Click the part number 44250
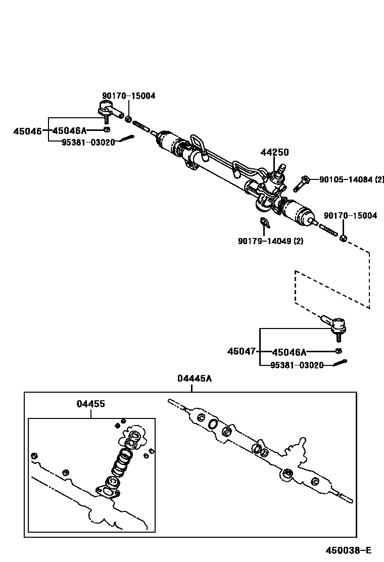[275, 152]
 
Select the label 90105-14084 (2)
[351, 179]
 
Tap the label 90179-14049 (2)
[270, 241]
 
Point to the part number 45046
[27, 131]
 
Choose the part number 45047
[242, 351]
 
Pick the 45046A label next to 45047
[289, 352]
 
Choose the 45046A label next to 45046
[70, 131]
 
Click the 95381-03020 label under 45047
[297, 365]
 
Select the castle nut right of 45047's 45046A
[339, 351]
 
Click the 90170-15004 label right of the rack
[350, 216]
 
